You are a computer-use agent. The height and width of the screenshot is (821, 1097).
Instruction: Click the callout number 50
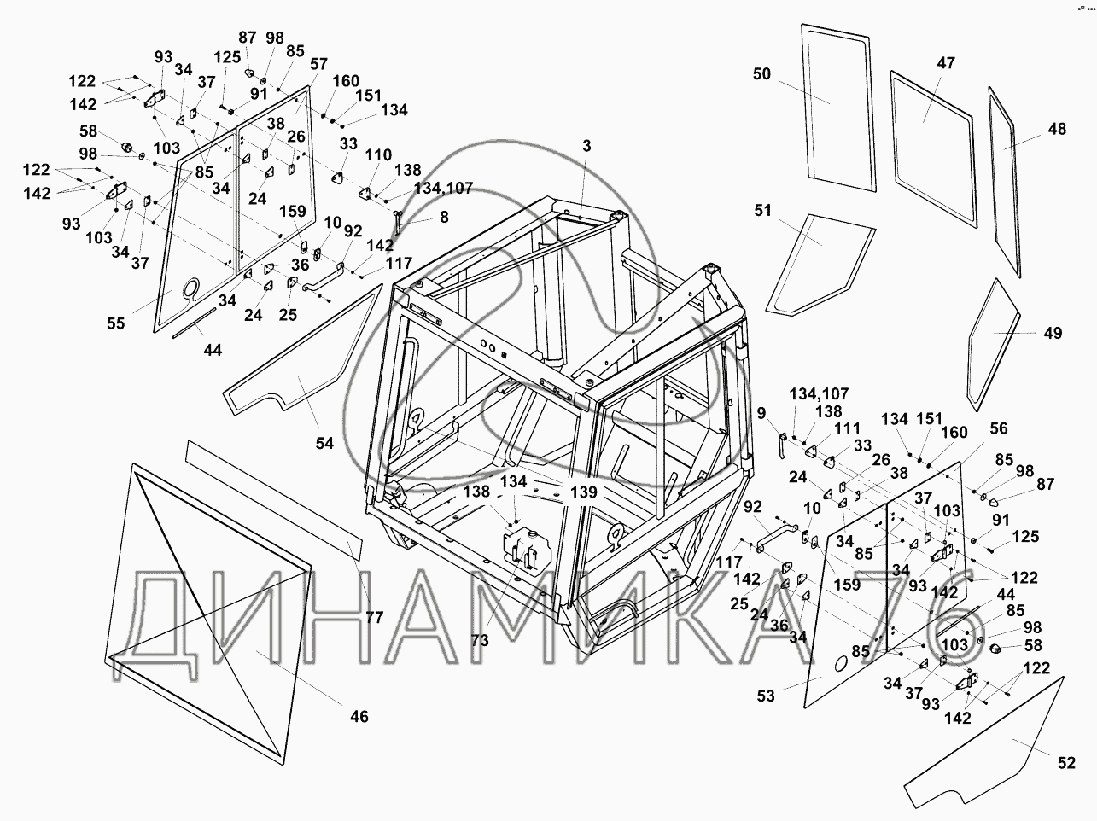click(x=761, y=74)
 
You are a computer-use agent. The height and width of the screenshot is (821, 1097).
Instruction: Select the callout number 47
click(x=946, y=63)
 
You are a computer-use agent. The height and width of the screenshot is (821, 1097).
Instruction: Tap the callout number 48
click(x=1057, y=130)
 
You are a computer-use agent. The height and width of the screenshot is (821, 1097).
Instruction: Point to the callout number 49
click(x=1053, y=333)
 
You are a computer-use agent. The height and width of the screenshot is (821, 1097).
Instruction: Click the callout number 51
click(x=762, y=211)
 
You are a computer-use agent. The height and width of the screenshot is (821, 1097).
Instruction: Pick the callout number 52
click(x=1066, y=764)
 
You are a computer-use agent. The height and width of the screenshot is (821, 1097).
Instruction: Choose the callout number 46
click(x=359, y=716)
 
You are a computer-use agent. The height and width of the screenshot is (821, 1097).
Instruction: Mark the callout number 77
click(x=375, y=617)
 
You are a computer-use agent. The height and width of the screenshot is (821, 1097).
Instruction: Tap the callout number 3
click(x=586, y=146)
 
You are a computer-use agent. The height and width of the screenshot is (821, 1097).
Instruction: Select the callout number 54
click(x=324, y=443)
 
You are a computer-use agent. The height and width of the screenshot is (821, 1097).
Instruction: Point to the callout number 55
click(x=115, y=323)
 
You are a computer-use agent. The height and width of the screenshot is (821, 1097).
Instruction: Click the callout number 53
click(x=765, y=696)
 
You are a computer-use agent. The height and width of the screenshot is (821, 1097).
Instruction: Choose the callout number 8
click(x=444, y=217)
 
